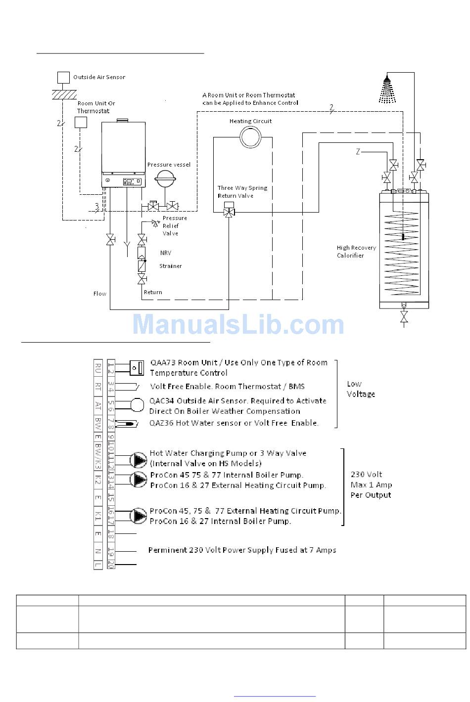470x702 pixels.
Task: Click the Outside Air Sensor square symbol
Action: pyautogui.click(x=63, y=77)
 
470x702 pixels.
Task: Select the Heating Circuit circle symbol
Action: pyautogui.click(x=250, y=136)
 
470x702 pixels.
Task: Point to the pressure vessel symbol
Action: pyautogui.click(x=164, y=179)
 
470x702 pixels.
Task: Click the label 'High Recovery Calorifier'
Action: pyautogui.click(x=356, y=252)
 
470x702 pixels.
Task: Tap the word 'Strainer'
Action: pyautogui.click(x=170, y=266)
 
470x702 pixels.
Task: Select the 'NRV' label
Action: pyautogui.click(x=165, y=253)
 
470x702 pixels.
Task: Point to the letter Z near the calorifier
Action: pyautogui.click(x=358, y=152)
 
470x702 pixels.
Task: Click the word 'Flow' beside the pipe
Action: pyautogui.click(x=100, y=294)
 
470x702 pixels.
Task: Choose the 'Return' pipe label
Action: pyautogui.click(x=153, y=292)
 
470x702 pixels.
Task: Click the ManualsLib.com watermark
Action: pyautogui.click(x=238, y=325)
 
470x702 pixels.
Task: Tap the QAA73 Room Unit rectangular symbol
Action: pyautogui.click(x=137, y=367)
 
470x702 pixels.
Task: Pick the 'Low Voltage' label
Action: pyautogui.click(x=361, y=389)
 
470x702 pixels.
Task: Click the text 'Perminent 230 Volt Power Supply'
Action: pyautogui.click(x=242, y=550)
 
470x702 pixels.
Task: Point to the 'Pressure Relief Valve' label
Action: pyautogui.click(x=175, y=225)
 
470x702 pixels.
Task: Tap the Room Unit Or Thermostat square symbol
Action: pyautogui.click(x=81, y=122)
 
